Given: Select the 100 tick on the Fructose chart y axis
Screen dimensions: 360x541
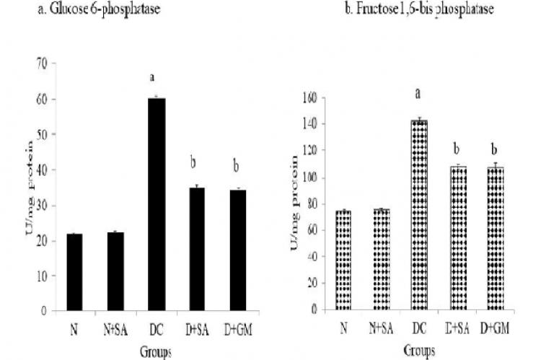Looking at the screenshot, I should [309, 177].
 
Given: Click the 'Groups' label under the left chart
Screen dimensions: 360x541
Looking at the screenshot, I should [157, 354].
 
